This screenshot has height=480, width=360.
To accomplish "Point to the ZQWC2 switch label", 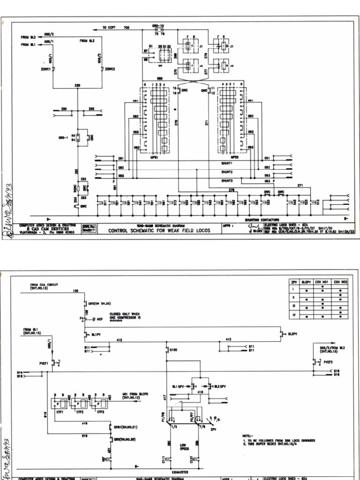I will (111, 69).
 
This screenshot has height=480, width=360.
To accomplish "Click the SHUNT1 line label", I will (227, 163).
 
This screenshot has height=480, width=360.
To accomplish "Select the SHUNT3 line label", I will (227, 180).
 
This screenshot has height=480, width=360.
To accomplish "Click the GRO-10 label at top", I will (158, 26).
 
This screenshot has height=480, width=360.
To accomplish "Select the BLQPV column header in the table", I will (307, 283).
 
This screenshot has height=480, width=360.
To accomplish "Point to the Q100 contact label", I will (174, 349).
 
